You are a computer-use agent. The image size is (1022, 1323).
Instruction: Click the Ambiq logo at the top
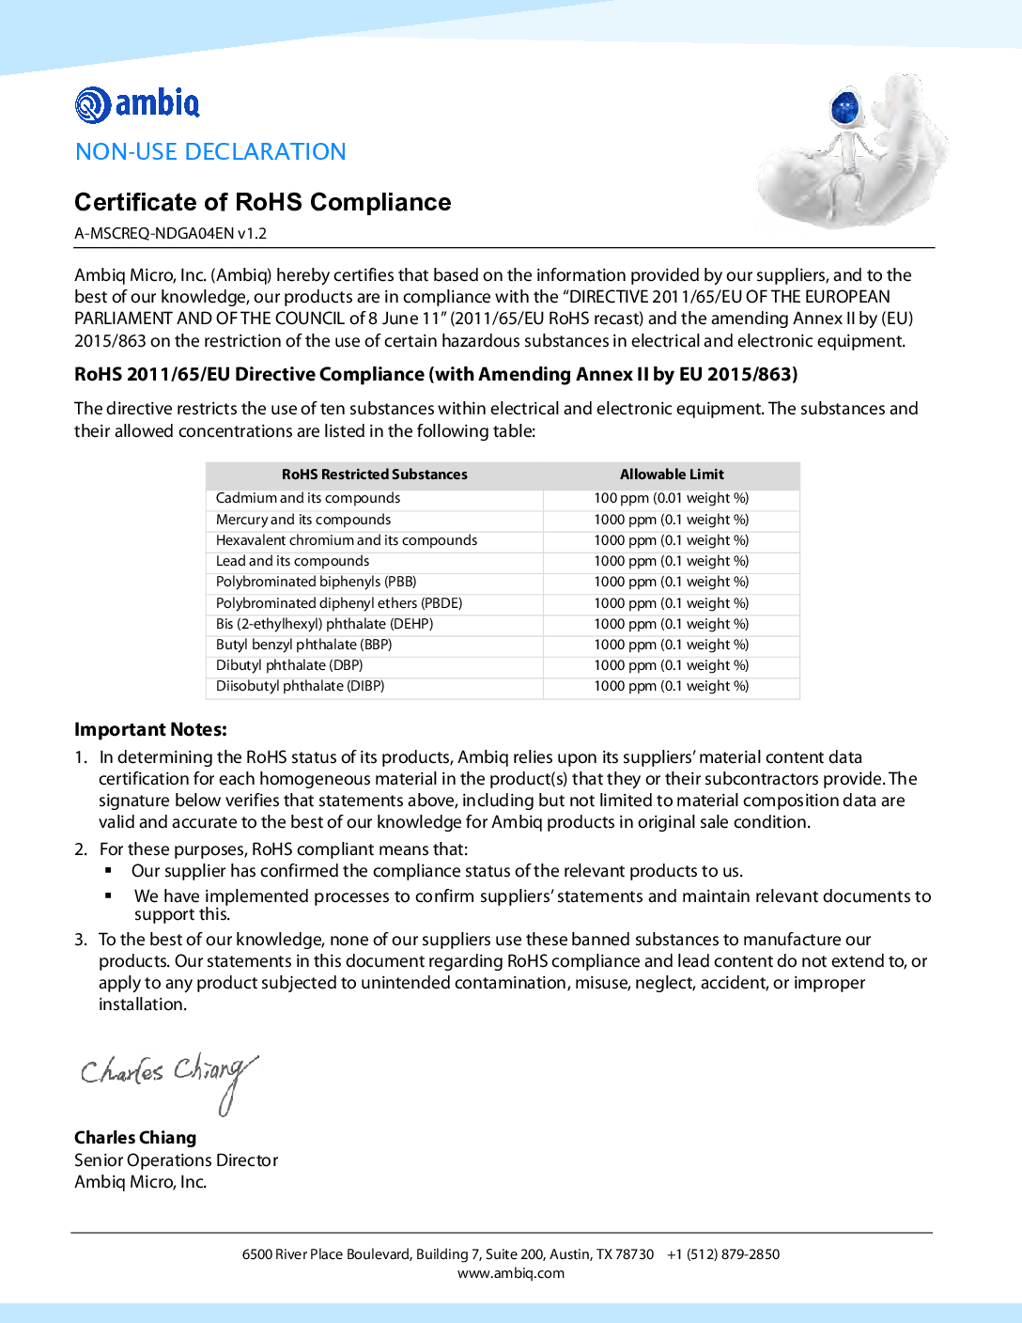[137, 103]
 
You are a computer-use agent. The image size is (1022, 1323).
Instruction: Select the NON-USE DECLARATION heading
[210, 151]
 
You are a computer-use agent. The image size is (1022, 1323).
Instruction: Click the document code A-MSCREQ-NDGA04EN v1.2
[170, 233]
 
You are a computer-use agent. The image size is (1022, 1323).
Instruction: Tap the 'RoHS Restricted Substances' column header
[374, 475]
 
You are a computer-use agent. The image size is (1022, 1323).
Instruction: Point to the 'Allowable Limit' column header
[672, 475]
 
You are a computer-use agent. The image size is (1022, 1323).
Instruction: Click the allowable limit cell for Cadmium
[671, 498]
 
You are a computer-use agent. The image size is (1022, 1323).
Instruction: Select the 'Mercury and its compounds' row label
[303, 520]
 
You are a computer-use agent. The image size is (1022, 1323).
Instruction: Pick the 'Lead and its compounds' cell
[292, 561]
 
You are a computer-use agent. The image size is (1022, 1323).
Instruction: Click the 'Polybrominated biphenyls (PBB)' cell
[316, 582]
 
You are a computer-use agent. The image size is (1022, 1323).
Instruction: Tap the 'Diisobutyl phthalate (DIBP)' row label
[300, 686]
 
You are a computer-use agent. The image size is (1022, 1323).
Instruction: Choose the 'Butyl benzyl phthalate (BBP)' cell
[303, 645]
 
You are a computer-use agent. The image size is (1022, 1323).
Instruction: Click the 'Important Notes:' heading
[150, 729]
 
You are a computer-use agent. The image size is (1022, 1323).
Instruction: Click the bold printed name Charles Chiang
[135, 1137]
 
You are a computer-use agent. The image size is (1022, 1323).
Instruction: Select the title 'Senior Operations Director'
[176, 1160]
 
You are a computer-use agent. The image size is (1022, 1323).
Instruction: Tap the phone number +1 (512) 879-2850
[723, 1253]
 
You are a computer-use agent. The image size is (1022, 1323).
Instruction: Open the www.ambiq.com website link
[511, 1273]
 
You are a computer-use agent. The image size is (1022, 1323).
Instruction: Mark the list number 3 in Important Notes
[80, 940]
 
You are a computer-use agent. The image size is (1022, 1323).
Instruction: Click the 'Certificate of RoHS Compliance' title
[262, 202]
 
